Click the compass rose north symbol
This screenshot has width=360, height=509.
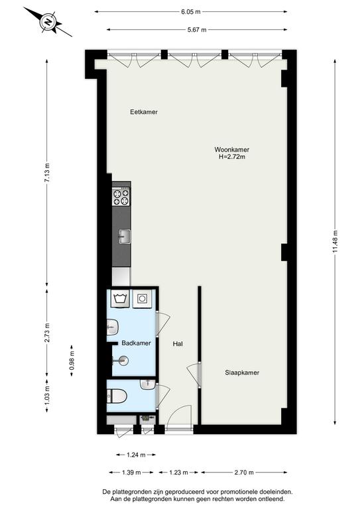[x=48, y=23]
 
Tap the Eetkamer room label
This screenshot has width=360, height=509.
[x=144, y=112]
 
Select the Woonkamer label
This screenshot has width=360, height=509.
[x=232, y=150]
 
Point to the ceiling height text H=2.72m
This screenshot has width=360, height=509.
[x=232, y=157]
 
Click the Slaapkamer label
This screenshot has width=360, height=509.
[x=242, y=372]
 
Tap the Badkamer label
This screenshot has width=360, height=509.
[x=137, y=343]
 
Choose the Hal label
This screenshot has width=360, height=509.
[x=178, y=344]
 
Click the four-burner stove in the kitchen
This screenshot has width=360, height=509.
[x=121, y=197]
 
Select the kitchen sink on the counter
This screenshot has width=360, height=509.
[x=125, y=237]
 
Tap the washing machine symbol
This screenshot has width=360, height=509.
[x=120, y=298]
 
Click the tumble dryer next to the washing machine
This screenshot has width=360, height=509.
[x=142, y=298]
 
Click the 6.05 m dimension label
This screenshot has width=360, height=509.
[x=190, y=12]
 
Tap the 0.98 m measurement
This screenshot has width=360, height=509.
[x=72, y=361]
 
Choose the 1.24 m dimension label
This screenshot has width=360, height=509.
[x=136, y=455]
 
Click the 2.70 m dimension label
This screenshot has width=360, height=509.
[x=244, y=473]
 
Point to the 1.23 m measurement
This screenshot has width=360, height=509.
[x=178, y=473]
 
